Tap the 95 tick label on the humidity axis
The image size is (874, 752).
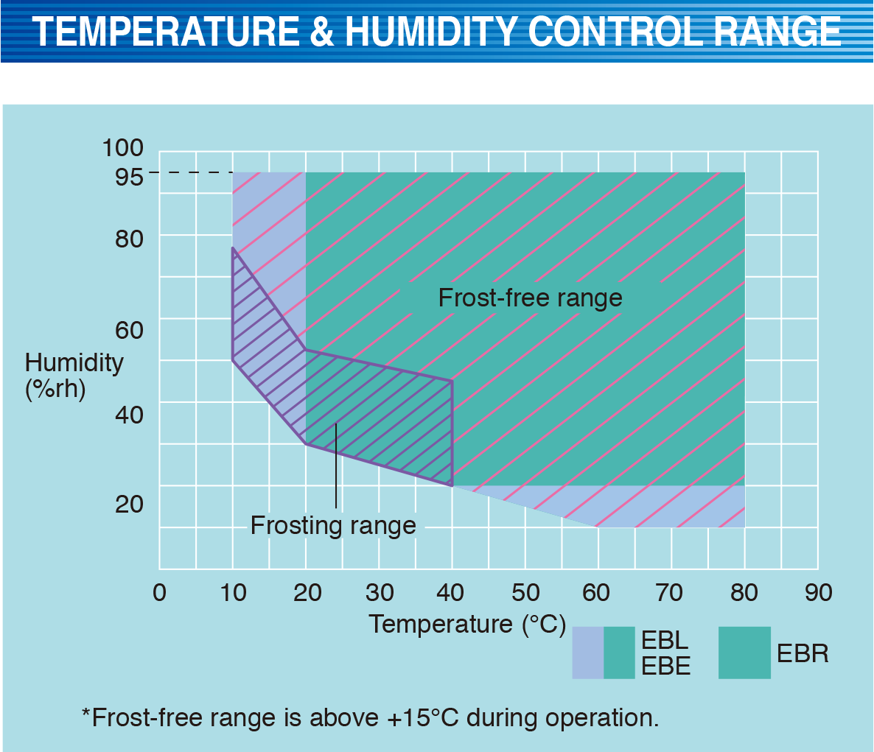pos(129,176)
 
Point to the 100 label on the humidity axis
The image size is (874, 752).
pos(122,147)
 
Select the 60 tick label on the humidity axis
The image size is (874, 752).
pos(129,329)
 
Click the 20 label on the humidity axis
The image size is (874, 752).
pos(129,504)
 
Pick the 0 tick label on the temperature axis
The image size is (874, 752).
pos(159,592)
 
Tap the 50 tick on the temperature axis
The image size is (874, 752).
pos(525,592)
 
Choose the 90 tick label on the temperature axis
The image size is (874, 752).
pos(817,592)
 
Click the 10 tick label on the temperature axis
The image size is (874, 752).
pos(233,592)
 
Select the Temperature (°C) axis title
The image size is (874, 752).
pos(467,624)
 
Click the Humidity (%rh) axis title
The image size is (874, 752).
pos(74,375)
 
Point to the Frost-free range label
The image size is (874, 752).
pos(530,298)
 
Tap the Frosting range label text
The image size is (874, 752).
pos(333,525)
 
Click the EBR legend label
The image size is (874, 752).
pos(803,653)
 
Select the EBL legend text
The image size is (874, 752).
pos(665,639)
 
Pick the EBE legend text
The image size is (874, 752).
pos(665,666)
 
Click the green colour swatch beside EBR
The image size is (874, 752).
pos(744,653)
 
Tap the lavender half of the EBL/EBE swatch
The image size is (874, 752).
pos(588,653)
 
